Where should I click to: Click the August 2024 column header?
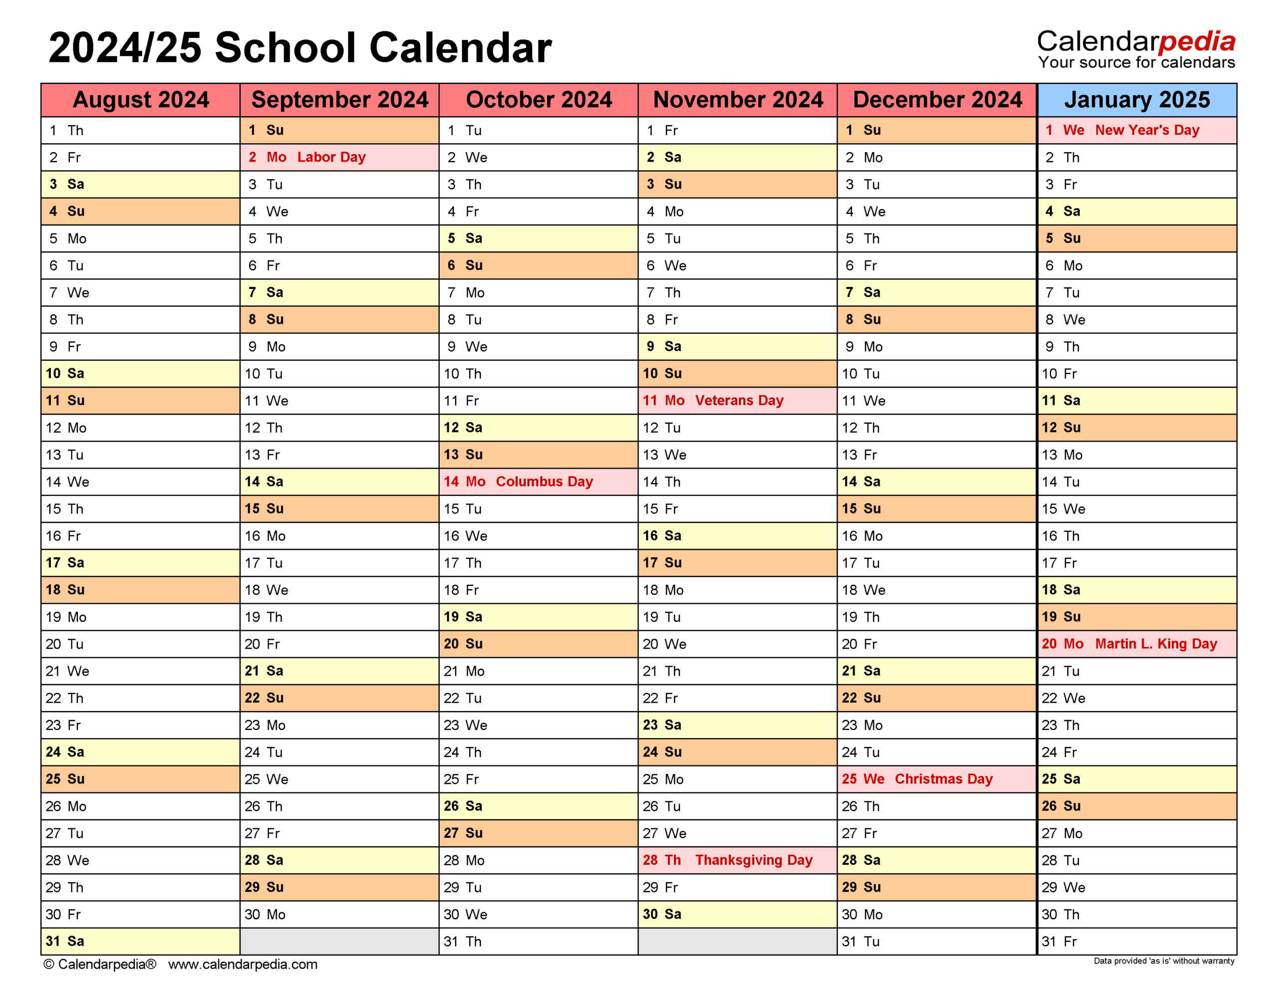point(140,100)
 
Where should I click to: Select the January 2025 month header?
point(1137,100)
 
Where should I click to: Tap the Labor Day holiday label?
point(331,157)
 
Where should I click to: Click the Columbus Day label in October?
point(544,482)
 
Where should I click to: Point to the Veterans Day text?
point(739,401)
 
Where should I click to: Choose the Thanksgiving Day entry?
point(753,860)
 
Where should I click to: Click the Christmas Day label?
point(943,779)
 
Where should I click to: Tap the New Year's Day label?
point(1147,130)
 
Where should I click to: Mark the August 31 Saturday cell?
point(140,942)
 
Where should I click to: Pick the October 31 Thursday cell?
point(538,942)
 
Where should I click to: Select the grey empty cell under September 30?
point(339,942)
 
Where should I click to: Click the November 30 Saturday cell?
point(737,915)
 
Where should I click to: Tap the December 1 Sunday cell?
point(937,130)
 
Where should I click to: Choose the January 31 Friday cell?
point(1137,942)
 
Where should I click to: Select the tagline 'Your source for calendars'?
point(1136,63)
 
